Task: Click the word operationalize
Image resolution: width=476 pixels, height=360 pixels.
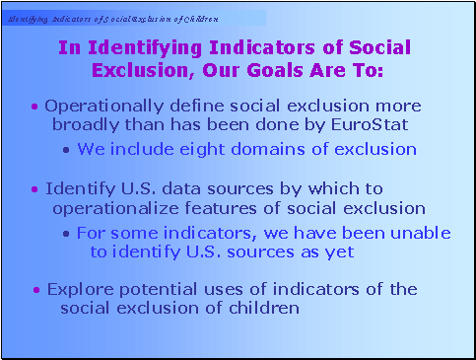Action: coord(107,208)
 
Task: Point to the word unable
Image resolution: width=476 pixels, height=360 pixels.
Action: coord(422,233)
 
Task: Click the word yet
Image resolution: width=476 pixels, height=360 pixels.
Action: coord(340,252)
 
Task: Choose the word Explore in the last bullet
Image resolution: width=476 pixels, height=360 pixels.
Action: coord(77,289)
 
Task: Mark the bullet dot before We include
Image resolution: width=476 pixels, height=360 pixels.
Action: coord(65,150)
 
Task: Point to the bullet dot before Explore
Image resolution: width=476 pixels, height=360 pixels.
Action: coord(36,290)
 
